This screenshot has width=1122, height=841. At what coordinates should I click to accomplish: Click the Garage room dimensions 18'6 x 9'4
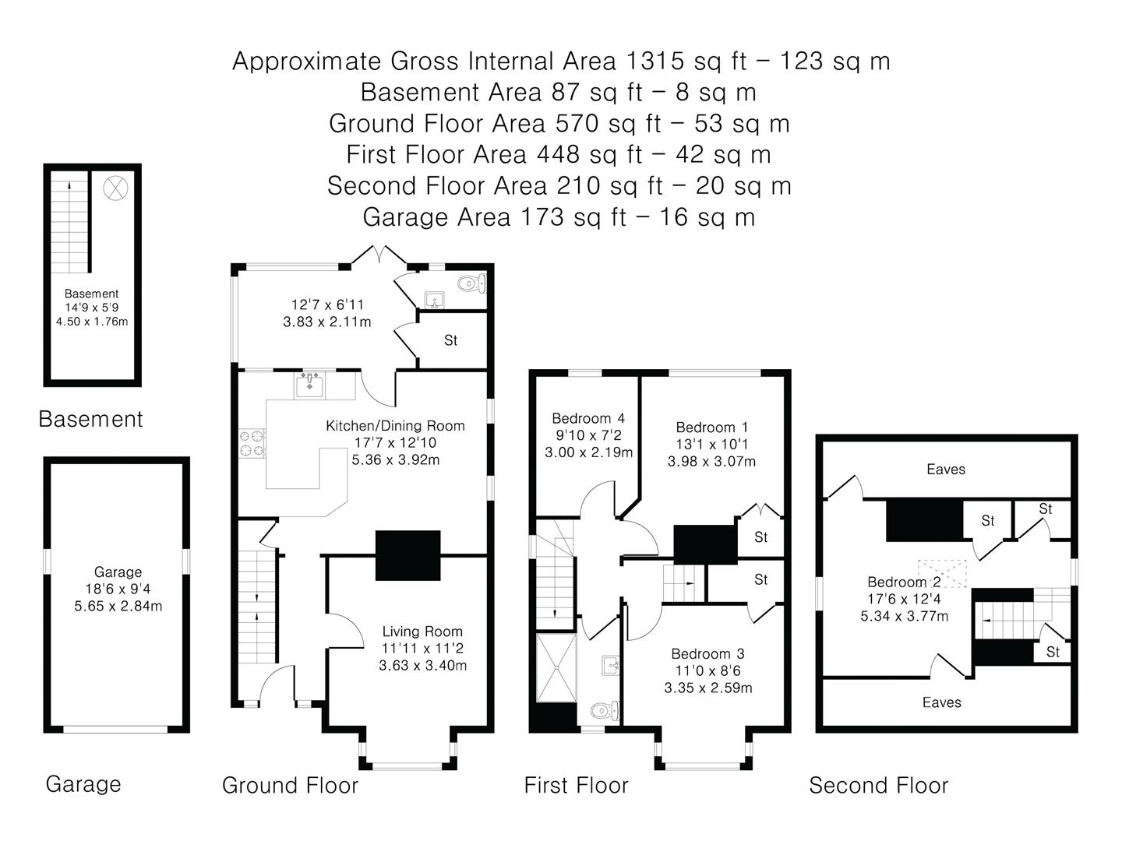coord(118,589)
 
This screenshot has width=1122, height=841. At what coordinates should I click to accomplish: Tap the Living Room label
coord(422,631)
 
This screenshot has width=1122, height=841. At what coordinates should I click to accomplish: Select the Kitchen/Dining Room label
coord(395,426)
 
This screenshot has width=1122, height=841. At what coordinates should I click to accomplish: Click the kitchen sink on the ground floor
coord(309,385)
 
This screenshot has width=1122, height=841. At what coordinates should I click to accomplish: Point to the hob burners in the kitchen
coord(252,443)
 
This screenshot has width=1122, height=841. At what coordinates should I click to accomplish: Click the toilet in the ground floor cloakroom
coord(471,283)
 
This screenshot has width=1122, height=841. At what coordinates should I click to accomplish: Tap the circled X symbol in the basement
coord(115,188)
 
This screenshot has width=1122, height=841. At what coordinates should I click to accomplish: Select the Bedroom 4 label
coord(588,419)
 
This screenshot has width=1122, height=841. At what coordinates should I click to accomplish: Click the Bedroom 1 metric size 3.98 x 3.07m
coord(711,462)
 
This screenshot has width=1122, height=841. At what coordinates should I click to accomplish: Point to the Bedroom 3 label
coord(707,653)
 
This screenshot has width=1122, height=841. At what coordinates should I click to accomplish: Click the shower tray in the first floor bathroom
coord(556,667)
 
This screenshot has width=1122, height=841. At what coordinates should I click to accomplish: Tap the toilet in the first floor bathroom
coord(605,710)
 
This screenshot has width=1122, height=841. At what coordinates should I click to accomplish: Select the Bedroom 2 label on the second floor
coord(904,582)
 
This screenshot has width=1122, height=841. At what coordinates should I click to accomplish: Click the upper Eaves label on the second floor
coord(946,470)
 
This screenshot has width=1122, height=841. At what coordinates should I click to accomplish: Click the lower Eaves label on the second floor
coord(941,702)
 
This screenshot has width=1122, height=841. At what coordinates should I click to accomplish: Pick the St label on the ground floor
coord(450,340)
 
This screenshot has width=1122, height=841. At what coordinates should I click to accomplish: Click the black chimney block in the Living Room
coord(408,555)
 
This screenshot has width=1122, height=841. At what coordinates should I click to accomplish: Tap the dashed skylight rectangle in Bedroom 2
coord(942,573)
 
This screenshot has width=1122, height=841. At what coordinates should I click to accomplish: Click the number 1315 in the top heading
coord(654,62)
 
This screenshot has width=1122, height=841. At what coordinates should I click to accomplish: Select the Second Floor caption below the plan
coord(878,786)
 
